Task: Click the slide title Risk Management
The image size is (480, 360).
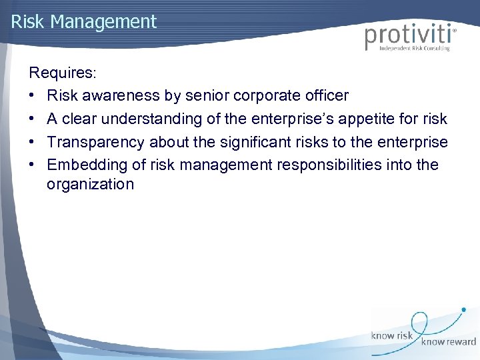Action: click(x=84, y=21)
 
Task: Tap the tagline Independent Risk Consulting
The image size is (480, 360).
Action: click(x=414, y=49)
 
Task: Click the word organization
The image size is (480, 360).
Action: click(x=90, y=185)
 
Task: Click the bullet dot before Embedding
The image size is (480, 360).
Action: click(x=33, y=164)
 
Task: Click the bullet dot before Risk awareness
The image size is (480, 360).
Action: click(x=33, y=95)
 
